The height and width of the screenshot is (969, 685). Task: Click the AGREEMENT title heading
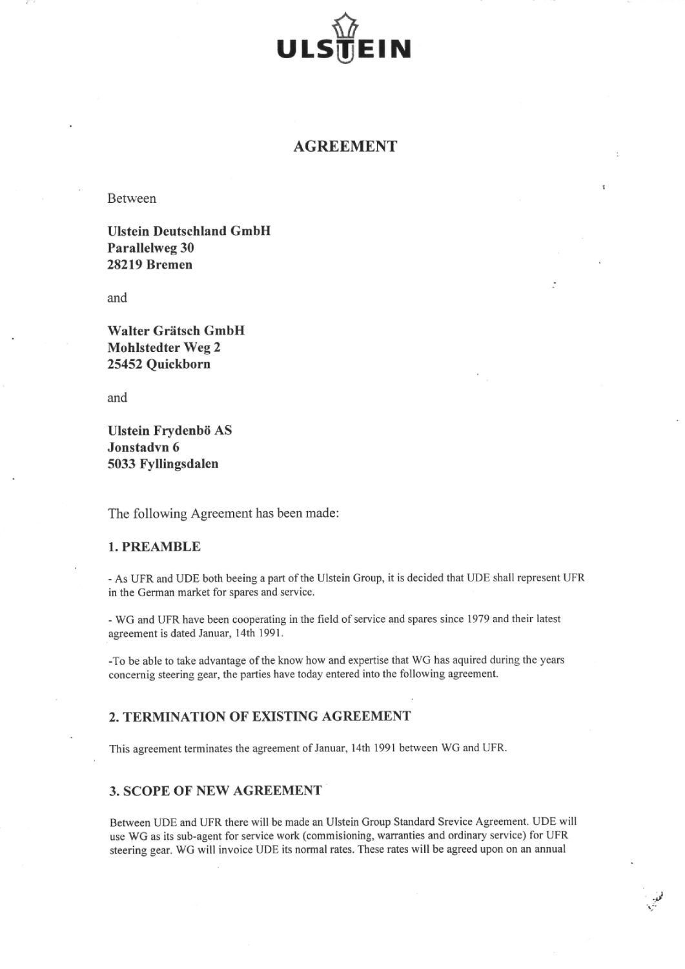[x=345, y=147]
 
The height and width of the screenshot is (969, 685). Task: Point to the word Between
[x=132, y=198]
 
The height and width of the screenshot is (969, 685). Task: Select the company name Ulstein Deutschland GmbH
[x=189, y=231]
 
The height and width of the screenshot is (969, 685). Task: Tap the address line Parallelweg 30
[x=150, y=248]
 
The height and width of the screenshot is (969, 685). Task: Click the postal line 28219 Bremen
[x=149, y=265]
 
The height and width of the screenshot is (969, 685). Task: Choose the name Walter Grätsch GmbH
[x=176, y=331]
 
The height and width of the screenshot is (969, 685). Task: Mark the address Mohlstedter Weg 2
[x=164, y=348]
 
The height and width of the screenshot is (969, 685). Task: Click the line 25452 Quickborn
[x=158, y=364]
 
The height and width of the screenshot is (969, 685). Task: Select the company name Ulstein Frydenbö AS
[x=169, y=430]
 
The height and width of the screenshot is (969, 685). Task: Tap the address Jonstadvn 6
[x=143, y=447]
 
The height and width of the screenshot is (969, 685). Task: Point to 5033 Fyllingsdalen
[x=163, y=464]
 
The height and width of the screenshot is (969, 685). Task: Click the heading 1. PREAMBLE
[x=154, y=547]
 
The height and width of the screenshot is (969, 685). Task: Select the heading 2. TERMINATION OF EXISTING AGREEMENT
[x=259, y=716]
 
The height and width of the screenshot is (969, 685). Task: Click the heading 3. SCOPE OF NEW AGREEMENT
[x=215, y=791]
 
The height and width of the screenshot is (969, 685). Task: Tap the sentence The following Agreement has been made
[x=223, y=514]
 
